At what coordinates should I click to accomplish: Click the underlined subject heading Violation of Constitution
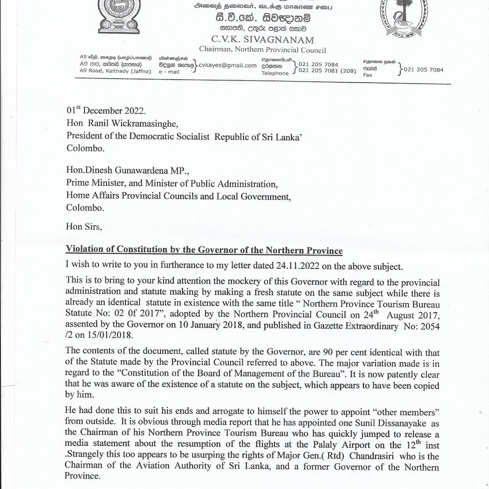click(204, 251)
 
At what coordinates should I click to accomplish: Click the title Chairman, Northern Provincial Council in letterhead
click(262, 50)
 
